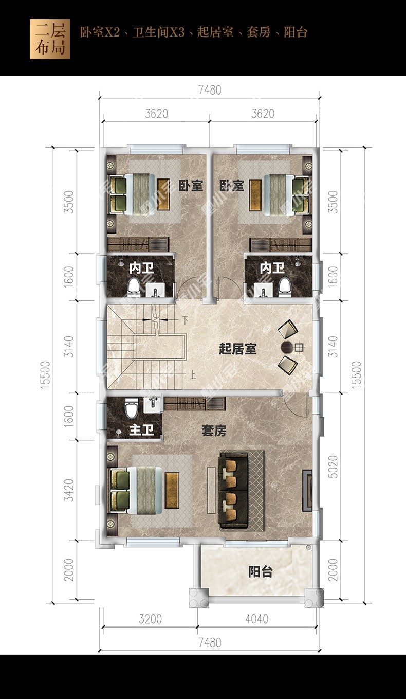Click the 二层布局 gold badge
click(x=50, y=39)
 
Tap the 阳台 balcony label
click(x=261, y=571)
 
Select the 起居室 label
click(x=237, y=349)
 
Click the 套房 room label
click(x=214, y=431)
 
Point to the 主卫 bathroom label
click(x=141, y=429)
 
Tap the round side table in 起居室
click(x=287, y=347)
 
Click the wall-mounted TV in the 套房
click(x=307, y=490)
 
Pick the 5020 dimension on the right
click(x=334, y=467)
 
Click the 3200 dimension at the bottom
click(x=150, y=619)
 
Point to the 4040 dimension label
click(x=256, y=619)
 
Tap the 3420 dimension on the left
click(x=69, y=490)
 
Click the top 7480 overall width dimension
click(x=210, y=90)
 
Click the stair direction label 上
click(x=193, y=374)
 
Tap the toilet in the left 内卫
click(x=134, y=287)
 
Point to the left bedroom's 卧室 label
click(x=191, y=186)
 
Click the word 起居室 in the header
click(x=215, y=32)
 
